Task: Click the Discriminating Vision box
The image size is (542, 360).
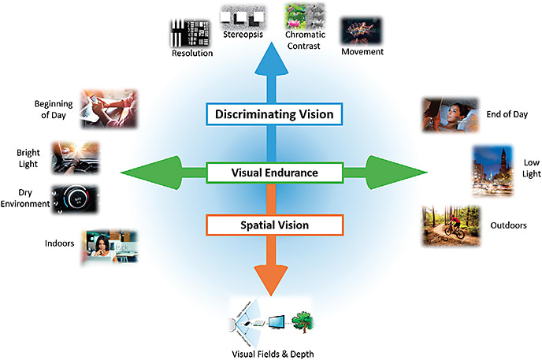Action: [276, 114]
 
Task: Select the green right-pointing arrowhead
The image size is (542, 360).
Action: [402, 172]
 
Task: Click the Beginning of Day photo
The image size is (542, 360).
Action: [108, 108]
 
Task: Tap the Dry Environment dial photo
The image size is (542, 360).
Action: [75, 199]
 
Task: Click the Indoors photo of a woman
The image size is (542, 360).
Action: [109, 247]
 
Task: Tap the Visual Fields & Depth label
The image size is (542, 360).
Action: [270, 354]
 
